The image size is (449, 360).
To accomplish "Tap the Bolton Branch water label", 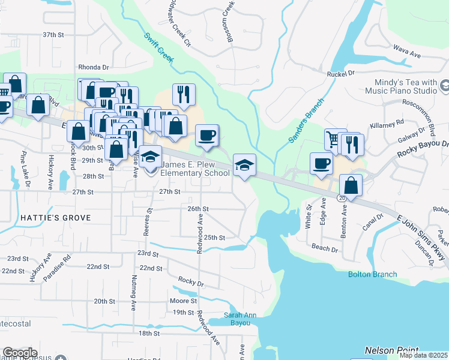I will click(372, 274).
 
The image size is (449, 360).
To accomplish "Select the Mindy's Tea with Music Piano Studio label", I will click(400, 86).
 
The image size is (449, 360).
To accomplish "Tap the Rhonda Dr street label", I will click(93, 68).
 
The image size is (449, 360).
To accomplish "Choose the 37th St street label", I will click(53, 35).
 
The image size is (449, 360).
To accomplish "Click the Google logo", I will click(20, 353).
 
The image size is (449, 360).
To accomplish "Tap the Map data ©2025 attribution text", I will click(423, 355).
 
